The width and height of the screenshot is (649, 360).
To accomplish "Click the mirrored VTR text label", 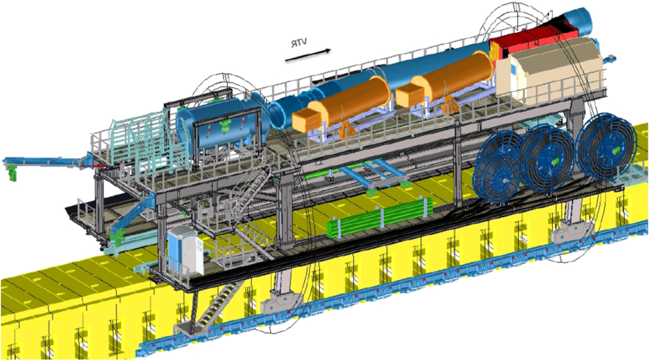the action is [299, 43].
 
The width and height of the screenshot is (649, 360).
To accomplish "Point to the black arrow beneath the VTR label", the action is [308, 56].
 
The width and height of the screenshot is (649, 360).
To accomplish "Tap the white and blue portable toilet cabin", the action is [185, 251].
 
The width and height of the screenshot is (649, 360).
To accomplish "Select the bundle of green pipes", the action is [380, 218].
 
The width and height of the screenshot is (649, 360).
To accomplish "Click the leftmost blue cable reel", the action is [498, 168].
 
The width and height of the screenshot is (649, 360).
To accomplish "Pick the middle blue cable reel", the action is [545, 160].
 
